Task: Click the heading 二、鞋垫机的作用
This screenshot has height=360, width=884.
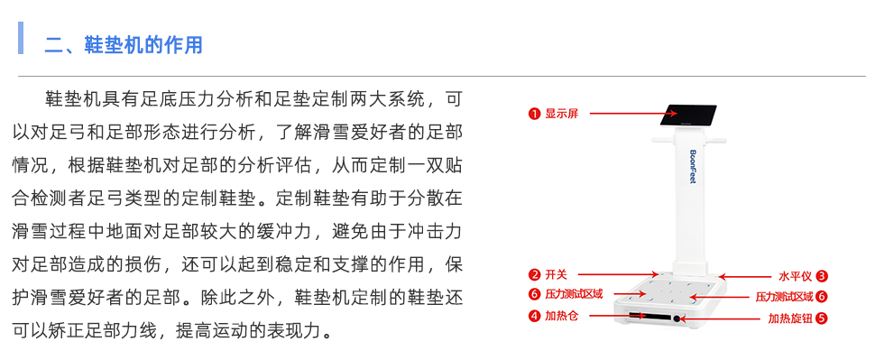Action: (124, 44)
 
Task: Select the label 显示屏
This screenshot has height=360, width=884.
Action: (561, 115)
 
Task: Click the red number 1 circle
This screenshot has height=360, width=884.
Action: (534, 115)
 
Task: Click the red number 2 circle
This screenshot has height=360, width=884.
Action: (534, 274)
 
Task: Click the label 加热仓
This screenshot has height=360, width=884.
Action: (561, 316)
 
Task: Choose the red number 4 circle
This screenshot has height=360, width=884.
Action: (534, 316)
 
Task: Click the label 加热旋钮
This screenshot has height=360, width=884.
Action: (789, 318)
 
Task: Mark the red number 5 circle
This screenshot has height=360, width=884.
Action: (822, 318)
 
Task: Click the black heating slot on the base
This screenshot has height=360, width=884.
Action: (644, 316)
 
